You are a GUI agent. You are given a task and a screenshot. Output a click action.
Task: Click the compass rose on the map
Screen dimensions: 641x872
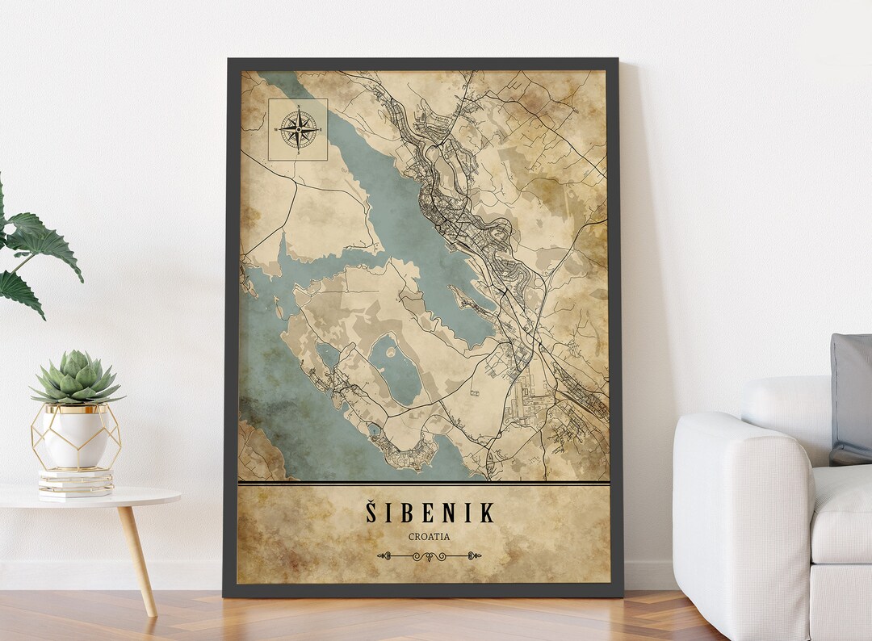click(x=298, y=129)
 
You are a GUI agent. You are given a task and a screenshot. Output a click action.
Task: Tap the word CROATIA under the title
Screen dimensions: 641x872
click(x=429, y=536)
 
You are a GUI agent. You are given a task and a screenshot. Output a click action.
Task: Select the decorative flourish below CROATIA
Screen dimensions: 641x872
click(x=429, y=555)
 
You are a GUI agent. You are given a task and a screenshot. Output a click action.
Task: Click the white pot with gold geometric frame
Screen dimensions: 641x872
click(x=76, y=437)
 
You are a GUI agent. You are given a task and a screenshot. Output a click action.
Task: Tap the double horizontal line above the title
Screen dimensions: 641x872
click(x=424, y=484)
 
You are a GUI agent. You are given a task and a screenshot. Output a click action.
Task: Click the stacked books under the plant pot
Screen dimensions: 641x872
click(x=76, y=483)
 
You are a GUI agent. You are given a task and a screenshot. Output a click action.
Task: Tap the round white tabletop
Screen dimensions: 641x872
click(x=89, y=496)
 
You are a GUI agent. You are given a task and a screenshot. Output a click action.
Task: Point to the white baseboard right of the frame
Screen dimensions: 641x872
click(x=650, y=574)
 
